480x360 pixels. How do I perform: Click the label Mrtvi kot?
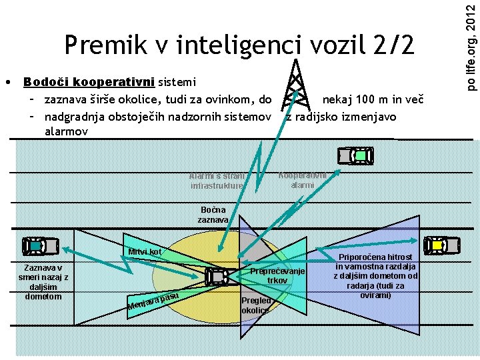point(146,252)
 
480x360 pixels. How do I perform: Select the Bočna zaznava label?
point(213,215)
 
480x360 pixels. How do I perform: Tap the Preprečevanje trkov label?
point(277,275)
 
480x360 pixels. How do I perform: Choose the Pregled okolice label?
point(255,305)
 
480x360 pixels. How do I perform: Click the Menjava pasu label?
point(153,301)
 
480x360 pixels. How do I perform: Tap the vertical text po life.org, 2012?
point(470,46)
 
